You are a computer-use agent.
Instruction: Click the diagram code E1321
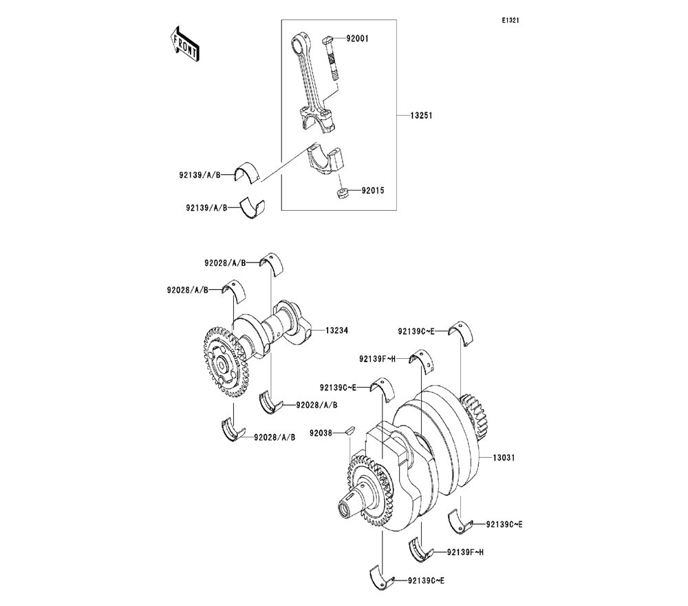point(510,21)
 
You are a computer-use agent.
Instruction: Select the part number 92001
point(357,39)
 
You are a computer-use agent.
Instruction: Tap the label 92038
point(322,432)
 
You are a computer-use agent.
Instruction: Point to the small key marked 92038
point(350,430)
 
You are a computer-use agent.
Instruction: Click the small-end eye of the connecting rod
point(297,45)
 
